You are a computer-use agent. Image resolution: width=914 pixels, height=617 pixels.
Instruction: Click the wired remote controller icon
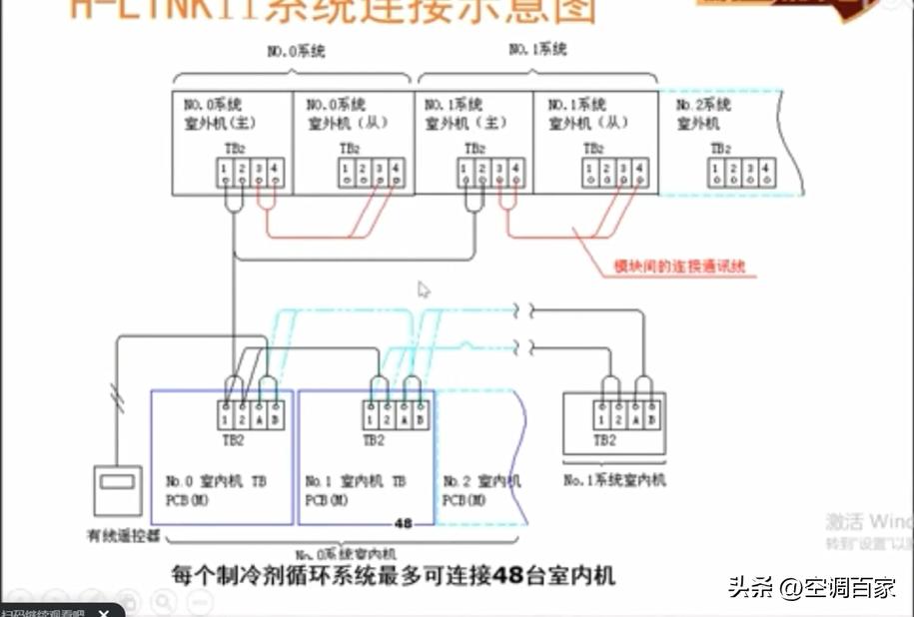click(x=118, y=492)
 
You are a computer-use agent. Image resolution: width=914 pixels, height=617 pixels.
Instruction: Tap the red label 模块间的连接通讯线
click(x=679, y=268)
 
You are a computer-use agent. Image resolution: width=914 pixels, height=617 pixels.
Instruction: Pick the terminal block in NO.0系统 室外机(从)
click(x=370, y=173)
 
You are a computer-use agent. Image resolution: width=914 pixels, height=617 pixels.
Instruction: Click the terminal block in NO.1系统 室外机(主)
click(x=490, y=173)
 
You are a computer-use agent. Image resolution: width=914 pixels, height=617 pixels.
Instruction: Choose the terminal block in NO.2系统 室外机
click(x=739, y=173)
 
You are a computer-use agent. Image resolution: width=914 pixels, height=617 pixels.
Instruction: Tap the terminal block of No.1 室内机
click(x=399, y=414)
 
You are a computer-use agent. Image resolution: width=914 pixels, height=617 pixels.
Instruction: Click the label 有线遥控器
click(x=123, y=536)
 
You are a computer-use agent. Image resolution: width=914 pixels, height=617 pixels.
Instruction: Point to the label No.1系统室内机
click(x=614, y=480)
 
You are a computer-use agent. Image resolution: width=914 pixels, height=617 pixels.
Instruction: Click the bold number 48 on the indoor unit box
click(x=404, y=522)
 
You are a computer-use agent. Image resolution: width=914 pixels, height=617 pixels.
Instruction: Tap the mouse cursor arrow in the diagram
click(x=424, y=291)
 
